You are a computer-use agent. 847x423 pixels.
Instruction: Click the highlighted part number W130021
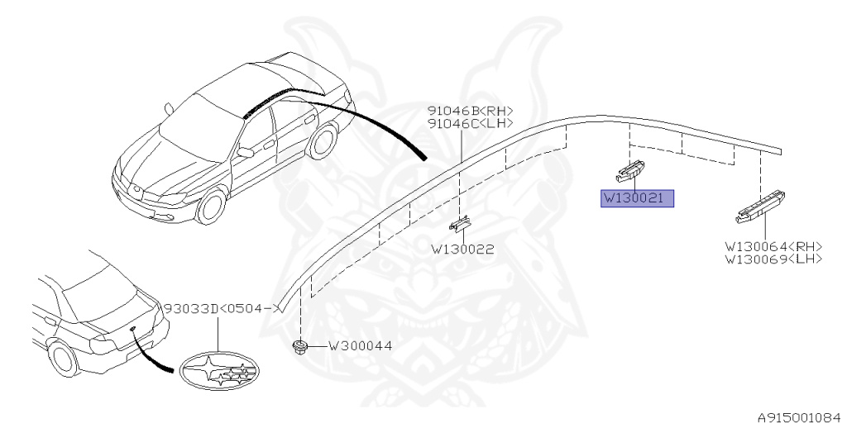(637, 198)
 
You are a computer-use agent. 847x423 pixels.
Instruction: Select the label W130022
(462, 248)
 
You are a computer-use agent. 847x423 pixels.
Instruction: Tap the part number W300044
(360, 346)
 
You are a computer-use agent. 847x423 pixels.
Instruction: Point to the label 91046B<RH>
(470, 111)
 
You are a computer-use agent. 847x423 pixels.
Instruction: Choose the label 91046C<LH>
(470, 123)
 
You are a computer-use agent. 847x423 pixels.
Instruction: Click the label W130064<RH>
(774, 246)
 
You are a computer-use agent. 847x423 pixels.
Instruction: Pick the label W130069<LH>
(774, 259)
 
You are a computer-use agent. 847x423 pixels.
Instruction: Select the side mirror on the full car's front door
(246, 152)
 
